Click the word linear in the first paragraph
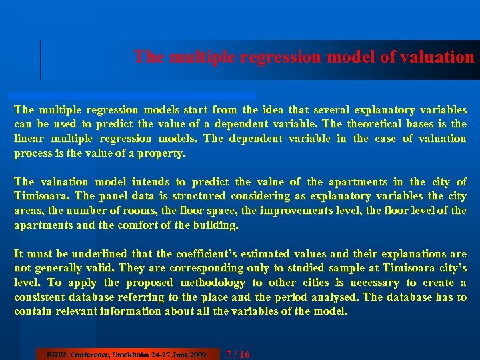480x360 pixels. pos(29,139)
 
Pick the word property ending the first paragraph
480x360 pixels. pos(164,153)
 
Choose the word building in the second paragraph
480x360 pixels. pos(216,225)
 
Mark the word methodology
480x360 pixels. pos(210,283)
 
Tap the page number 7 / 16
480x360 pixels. pos(238,354)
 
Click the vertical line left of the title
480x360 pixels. pos(41,60)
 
